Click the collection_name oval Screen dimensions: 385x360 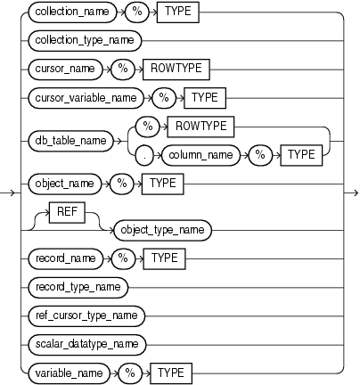point(68,14)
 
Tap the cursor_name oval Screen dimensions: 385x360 point(61,66)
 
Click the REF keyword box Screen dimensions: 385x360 point(78,210)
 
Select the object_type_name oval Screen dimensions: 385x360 point(160,229)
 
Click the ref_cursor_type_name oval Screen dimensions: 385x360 point(84,313)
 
